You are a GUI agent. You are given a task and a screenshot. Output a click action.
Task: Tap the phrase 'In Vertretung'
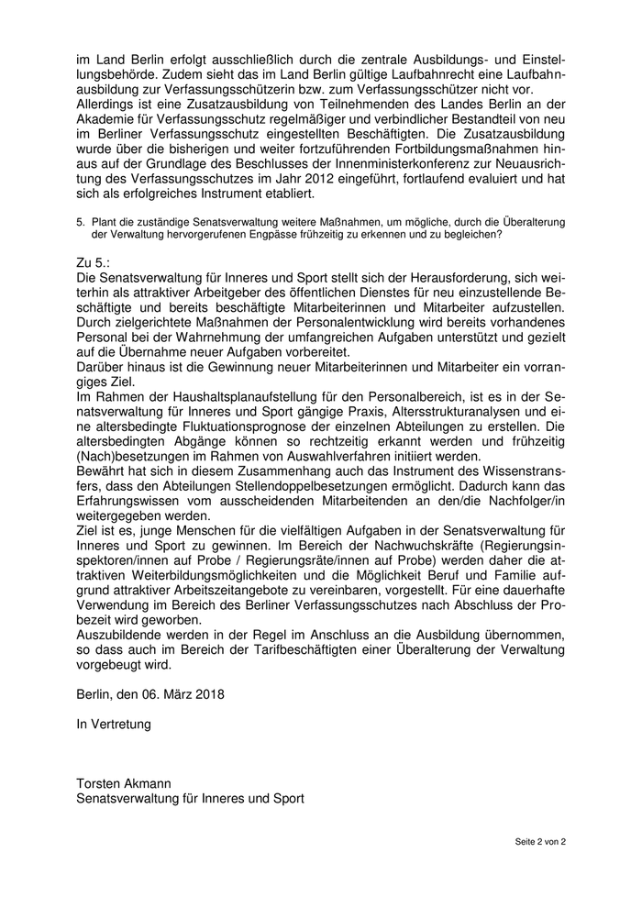[114, 725]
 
